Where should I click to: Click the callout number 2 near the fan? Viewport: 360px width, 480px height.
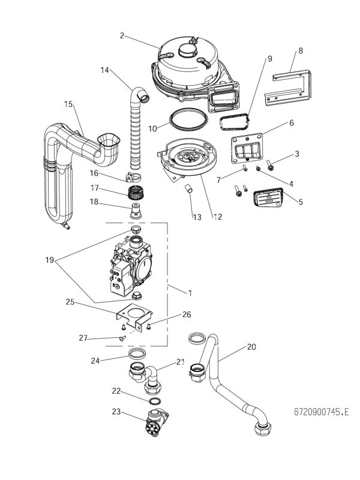122,36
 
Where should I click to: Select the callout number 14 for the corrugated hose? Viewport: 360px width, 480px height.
105,70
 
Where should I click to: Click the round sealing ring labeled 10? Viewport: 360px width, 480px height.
182,119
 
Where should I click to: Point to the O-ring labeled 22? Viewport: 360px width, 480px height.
154,401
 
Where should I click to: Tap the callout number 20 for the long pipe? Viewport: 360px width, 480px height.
251,347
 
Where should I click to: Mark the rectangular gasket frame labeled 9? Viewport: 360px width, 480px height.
235,122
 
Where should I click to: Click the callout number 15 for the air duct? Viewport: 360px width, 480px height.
68,104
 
